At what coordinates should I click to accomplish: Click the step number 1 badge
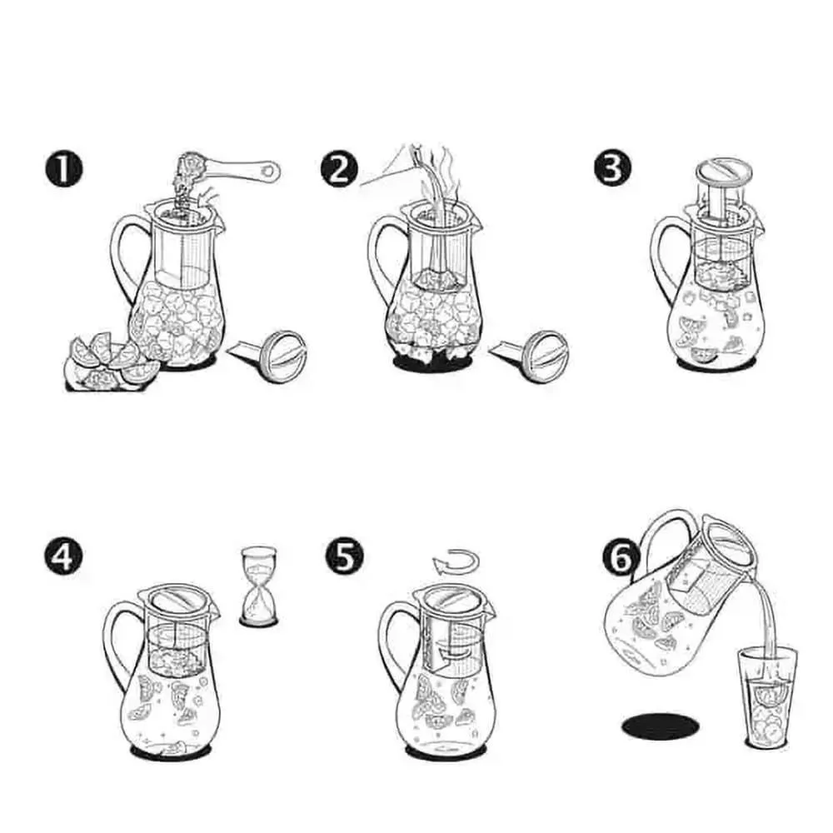coord(63,170)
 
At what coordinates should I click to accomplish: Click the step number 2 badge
coord(339,169)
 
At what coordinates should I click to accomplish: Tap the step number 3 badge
coord(613,168)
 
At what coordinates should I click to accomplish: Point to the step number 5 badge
coord(345,556)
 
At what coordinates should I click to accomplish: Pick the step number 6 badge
coord(621,558)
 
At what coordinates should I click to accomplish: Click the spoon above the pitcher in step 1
coord(234,169)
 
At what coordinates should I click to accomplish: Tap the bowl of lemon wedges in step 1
coord(109,363)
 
